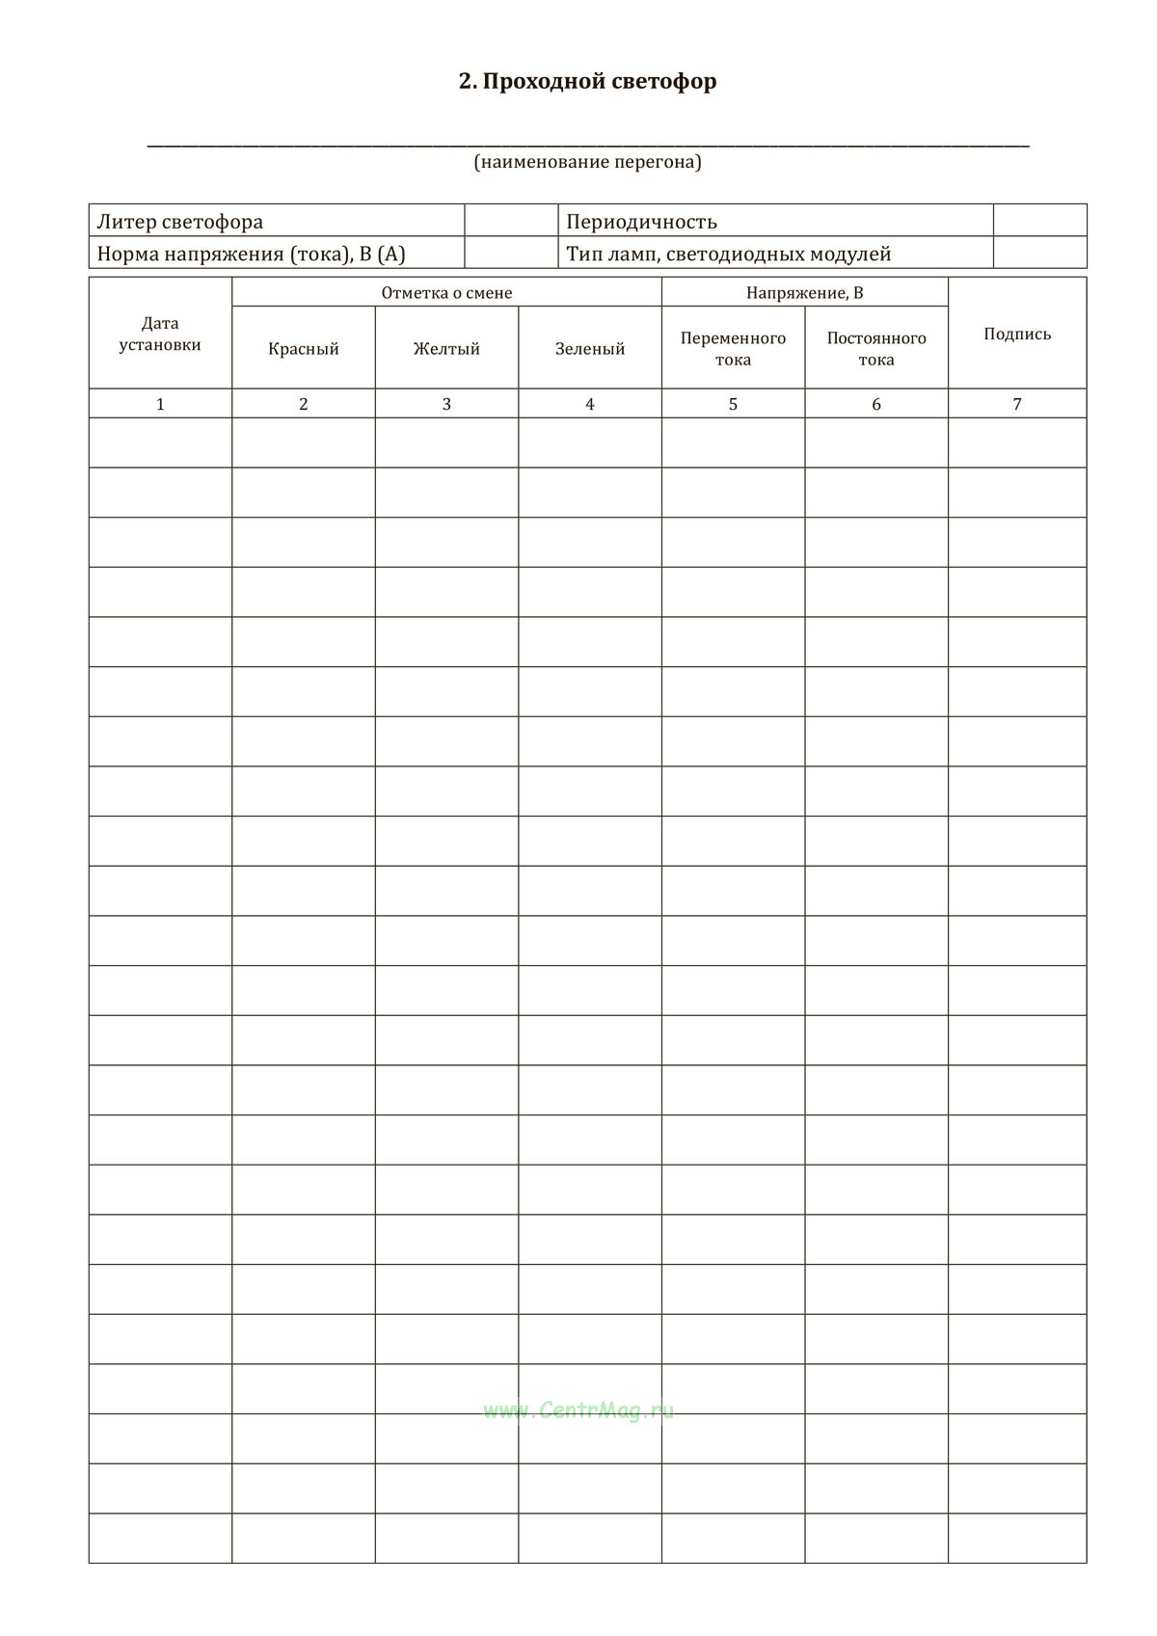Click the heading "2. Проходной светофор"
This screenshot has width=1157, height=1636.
587,81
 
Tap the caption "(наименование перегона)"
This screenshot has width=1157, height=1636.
587,162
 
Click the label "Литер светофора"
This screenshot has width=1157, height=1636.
179,222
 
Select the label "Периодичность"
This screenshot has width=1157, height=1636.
641,222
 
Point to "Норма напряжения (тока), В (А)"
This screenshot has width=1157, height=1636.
251,255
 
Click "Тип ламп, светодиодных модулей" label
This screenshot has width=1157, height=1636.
728,255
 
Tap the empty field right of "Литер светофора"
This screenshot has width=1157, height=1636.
511,221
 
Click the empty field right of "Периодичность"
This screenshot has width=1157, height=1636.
1039,221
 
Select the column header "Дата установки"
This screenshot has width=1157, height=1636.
160,334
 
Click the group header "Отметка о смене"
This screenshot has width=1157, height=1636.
446,293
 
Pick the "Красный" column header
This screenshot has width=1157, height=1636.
304,349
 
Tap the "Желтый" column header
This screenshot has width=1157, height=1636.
446,349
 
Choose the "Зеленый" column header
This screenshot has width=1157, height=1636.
590,349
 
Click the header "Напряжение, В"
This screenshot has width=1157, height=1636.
804,293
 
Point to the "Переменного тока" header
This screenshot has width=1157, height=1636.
733,349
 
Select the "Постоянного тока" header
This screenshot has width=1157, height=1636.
876,349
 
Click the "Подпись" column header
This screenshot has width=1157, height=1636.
1017,334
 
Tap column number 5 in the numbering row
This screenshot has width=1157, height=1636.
733,404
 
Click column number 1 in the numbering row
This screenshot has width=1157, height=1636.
160,404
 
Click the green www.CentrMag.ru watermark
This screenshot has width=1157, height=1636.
578,1410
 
